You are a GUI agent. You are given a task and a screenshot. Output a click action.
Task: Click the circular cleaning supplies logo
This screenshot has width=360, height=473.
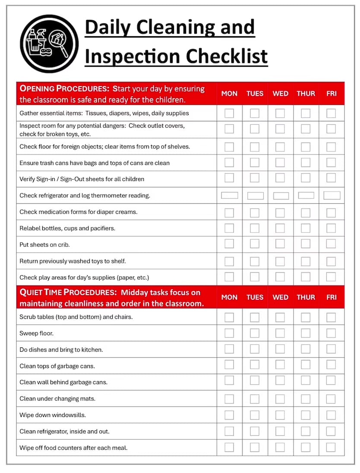click(49, 44)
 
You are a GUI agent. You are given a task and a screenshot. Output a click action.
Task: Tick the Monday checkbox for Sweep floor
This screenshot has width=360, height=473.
click(229, 333)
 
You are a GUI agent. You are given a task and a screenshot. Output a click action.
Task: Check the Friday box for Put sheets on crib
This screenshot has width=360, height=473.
click(331, 244)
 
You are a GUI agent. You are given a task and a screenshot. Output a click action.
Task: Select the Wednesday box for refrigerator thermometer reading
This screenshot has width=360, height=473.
click(281, 196)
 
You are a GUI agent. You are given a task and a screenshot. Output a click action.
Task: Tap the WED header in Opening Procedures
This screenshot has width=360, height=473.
click(281, 94)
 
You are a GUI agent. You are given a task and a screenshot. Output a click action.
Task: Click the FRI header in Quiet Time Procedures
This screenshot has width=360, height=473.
click(331, 297)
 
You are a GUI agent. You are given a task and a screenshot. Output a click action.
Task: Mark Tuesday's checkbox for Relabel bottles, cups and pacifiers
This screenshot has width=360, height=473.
click(255, 228)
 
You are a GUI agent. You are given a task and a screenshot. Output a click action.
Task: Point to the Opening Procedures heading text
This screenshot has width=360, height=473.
click(65, 89)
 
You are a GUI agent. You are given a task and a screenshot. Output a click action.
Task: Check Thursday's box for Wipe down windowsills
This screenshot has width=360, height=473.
click(306, 415)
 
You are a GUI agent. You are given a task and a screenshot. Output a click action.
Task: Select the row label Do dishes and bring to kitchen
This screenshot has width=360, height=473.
click(61, 350)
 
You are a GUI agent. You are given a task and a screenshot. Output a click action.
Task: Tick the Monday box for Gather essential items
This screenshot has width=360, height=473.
click(229, 113)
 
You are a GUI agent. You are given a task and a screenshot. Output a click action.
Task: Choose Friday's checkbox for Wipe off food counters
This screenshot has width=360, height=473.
click(331, 447)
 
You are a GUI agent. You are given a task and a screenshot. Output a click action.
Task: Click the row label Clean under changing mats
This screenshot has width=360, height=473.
click(57, 398)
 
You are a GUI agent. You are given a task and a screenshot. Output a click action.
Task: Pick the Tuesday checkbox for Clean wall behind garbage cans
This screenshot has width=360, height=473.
click(255, 382)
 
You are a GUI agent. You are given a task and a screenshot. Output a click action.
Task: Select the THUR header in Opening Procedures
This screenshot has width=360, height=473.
click(306, 94)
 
